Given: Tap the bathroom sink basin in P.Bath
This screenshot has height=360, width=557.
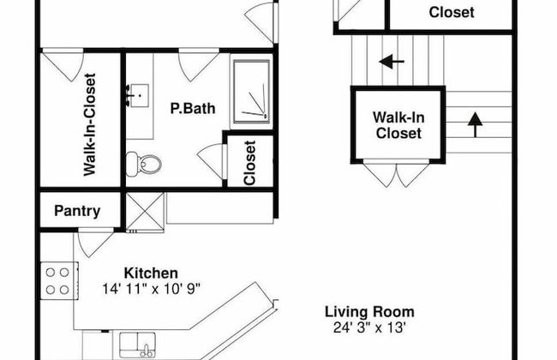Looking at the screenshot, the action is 139,96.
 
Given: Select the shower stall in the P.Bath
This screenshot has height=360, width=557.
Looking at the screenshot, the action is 251,92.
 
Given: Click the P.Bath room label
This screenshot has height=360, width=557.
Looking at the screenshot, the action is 193,108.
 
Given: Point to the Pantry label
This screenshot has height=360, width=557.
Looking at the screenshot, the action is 77,211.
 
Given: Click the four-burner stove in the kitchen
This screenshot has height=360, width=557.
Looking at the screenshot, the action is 59,281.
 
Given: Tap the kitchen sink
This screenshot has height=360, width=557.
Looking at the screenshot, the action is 137,345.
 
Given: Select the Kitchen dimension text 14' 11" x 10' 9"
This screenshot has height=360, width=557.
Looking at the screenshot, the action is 152,289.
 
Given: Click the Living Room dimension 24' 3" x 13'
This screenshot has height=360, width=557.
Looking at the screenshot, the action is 369,327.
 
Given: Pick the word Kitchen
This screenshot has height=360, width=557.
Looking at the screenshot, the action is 151,273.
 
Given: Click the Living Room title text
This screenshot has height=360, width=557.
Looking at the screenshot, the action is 369,312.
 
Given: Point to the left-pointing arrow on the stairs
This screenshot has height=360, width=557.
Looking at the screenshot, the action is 392,62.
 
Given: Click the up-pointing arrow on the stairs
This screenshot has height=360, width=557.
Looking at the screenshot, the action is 475,125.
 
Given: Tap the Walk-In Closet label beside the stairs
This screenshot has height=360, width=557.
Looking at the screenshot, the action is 398,125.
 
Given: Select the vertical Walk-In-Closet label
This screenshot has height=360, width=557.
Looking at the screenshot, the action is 89,124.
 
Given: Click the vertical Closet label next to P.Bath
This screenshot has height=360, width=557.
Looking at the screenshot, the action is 249,163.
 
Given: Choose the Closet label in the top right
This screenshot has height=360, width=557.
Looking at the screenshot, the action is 452,13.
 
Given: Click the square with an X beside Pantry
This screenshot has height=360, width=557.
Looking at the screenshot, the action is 145,212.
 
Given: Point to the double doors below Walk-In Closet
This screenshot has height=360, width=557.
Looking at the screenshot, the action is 396,174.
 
